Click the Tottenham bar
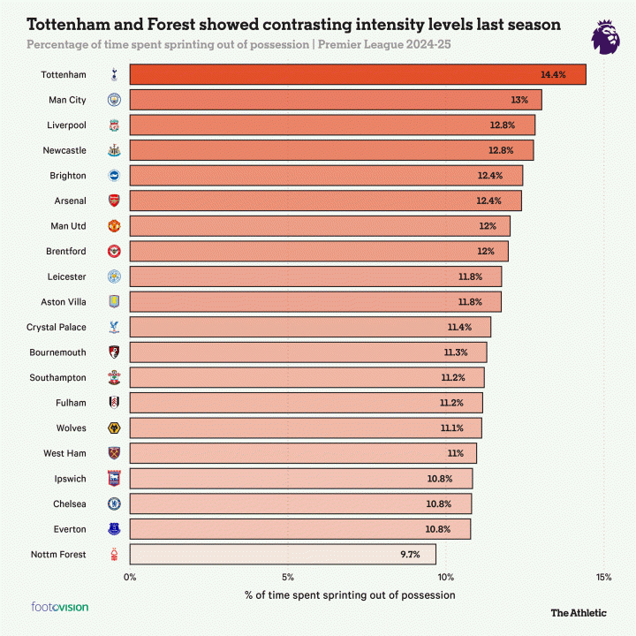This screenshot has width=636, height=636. pos(358,75)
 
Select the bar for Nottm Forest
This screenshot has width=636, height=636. pos(283,555)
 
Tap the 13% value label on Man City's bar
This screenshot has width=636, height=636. pos(519,100)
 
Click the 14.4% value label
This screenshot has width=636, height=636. pos(554,75)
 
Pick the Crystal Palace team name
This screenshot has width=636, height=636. pos(57,327)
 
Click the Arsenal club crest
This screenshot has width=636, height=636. pos(113,201)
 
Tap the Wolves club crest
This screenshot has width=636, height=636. pos(113,428)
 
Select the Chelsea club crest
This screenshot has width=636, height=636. pos(113,503)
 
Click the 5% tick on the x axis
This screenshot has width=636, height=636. pos(288,578)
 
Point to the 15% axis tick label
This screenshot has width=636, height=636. pos(604,578)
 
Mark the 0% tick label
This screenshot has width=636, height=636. pos(131,578)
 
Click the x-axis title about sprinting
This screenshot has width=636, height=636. pos(350,594)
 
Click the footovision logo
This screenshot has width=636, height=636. pos(60,607)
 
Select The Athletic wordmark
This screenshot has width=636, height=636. pos(579,612)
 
